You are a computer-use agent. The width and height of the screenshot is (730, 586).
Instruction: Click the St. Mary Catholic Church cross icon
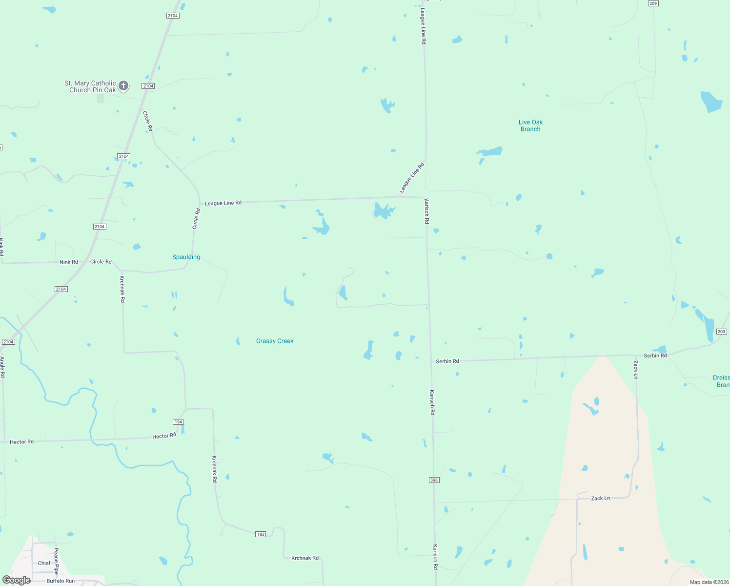click(123, 86)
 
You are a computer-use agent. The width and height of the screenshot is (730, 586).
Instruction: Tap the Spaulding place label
click(186, 257)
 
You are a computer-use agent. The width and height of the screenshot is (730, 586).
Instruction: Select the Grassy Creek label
click(275, 341)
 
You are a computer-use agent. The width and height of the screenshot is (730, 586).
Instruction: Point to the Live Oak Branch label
click(530, 126)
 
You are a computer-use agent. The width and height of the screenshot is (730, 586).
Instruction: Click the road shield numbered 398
click(434, 480)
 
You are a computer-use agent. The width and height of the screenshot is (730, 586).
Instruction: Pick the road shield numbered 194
click(178, 422)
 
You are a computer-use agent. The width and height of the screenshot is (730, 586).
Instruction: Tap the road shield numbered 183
click(261, 534)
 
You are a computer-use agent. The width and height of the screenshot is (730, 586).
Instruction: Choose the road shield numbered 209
click(653, 3)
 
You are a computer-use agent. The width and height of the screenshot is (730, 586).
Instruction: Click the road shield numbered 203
click(722, 332)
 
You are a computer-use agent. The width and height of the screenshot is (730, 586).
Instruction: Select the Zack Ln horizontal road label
click(600, 498)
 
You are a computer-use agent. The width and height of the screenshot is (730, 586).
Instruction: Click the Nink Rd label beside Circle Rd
click(69, 262)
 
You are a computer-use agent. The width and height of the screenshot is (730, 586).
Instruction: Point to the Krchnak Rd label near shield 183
click(304, 558)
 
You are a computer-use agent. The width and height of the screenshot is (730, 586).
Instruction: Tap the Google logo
click(17, 580)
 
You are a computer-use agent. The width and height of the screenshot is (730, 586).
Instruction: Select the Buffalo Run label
click(61, 581)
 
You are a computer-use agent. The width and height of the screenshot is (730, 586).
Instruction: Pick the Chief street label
click(44, 563)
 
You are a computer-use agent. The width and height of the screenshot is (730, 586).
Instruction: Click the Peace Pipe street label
click(56, 561)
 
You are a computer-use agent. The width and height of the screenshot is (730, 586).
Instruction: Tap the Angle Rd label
click(2, 367)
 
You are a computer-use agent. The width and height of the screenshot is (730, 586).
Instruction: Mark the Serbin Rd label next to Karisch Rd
click(447, 361)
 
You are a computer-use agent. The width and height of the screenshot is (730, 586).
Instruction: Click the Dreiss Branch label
click(721, 381)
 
